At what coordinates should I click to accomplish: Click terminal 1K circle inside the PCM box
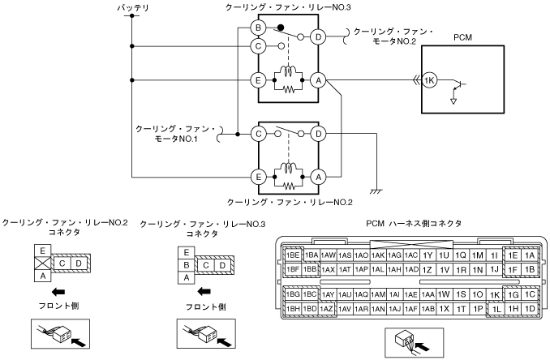click(429, 80)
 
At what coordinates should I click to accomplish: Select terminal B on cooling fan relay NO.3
click(258, 28)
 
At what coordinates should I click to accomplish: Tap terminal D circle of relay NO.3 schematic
click(318, 36)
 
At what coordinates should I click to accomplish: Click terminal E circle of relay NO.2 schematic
click(258, 177)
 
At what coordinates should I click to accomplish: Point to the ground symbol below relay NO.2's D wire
click(376, 191)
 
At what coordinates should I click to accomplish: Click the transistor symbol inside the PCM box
click(459, 85)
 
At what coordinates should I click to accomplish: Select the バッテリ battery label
click(133, 7)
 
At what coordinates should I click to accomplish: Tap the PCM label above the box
click(462, 37)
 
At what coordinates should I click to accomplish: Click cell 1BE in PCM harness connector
click(293, 255)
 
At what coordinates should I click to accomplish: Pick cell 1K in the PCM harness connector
click(495, 295)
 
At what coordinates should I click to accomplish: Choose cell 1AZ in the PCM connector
click(327, 309)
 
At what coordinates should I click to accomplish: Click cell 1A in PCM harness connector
click(529, 255)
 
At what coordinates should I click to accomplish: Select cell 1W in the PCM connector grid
click(444, 294)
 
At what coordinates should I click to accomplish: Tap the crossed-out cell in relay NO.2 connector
click(43, 264)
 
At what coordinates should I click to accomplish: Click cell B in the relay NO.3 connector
click(187, 265)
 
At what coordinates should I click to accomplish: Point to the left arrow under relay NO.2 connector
click(58, 291)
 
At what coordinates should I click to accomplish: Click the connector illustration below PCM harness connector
click(415, 342)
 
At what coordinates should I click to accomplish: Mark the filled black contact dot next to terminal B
click(280, 28)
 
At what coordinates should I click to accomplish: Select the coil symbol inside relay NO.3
click(288, 71)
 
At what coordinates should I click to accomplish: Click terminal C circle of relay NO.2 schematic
click(258, 134)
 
